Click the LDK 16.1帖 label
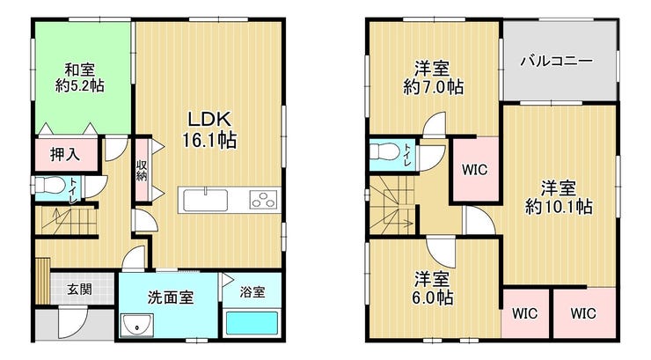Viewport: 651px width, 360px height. click(x=209, y=130)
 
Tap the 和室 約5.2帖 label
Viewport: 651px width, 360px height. click(x=80, y=77)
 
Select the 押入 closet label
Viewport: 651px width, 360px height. click(x=65, y=154)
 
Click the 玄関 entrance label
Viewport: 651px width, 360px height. click(x=80, y=289)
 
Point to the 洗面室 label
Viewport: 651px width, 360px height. click(x=171, y=298)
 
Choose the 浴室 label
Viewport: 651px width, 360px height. click(x=252, y=292)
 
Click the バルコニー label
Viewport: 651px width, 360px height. click(x=557, y=61)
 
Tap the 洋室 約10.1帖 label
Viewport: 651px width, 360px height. click(x=559, y=197)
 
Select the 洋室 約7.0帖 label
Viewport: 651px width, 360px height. click(x=433, y=77)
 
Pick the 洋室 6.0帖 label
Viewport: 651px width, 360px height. click(x=433, y=288)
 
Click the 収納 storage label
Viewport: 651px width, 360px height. click(x=142, y=171)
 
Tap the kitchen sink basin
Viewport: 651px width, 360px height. click(x=206, y=200)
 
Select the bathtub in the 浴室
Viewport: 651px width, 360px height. click(x=252, y=324)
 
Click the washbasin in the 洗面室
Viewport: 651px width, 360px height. click(x=137, y=325)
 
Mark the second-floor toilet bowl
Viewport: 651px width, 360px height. click(x=384, y=151)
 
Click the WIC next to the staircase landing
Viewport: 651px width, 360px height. click(x=475, y=170)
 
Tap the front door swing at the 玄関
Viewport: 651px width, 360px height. click(x=73, y=321)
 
